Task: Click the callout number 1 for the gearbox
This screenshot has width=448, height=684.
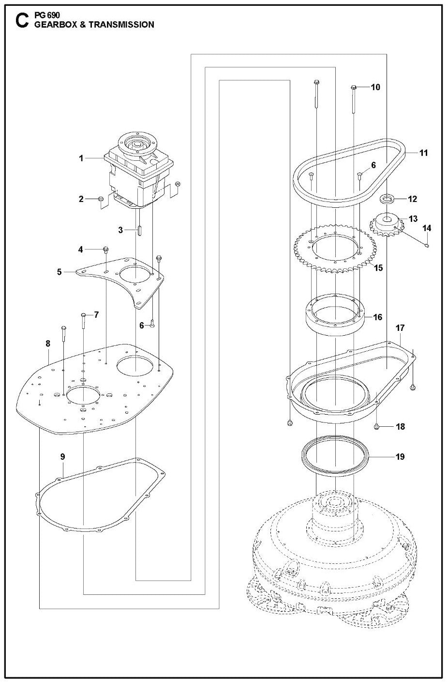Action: click(x=81, y=158)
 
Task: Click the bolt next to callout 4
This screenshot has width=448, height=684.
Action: click(x=105, y=250)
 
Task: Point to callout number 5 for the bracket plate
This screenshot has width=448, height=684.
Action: click(x=60, y=272)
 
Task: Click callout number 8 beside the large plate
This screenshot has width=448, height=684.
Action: click(x=47, y=343)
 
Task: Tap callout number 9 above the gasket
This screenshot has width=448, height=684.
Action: click(x=62, y=456)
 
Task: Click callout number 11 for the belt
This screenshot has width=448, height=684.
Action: click(x=424, y=153)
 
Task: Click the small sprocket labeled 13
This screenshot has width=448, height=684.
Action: click(x=387, y=225)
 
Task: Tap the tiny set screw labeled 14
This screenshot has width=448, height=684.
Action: click(x=427, y=246)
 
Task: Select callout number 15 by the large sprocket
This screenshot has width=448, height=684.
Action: click(x=378, y=267)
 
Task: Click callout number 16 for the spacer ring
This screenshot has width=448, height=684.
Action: click(x=377, y=317)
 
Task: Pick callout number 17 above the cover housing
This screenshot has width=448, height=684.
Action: click(x=400, y=328)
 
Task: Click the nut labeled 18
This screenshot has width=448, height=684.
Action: click(x=376, y=426)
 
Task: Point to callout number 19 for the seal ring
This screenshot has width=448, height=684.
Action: click(x=400, y=456)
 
